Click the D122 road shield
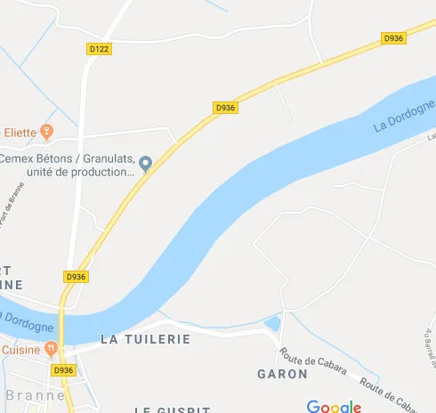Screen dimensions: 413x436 click(100, 50)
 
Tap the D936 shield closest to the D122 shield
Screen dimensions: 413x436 click(226, 107)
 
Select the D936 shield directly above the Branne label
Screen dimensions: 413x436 click(62, 370)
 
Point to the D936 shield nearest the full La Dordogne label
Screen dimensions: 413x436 click(392, 38)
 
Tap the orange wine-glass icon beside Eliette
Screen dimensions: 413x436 click(48, 132)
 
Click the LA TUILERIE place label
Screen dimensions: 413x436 click(146, 339)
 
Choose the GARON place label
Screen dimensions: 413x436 click(282, 374)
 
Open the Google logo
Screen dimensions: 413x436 click(334, 406)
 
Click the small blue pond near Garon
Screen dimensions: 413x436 click(272, 324)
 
